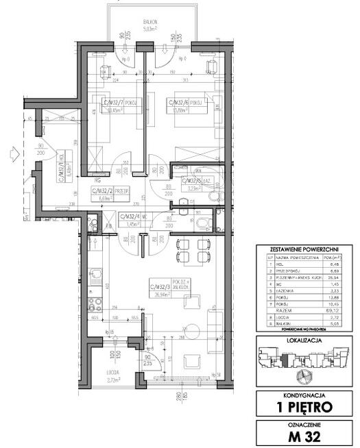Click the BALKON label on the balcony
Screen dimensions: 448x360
[151, 22]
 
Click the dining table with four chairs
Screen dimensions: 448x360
[191, 251]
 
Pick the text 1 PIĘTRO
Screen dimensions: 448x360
[306, 406]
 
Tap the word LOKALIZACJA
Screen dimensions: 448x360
[306, 340]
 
